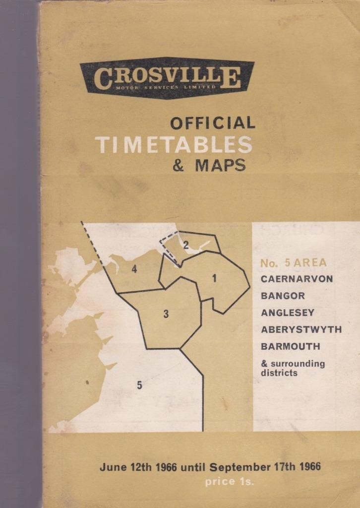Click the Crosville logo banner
[x=167, y=78]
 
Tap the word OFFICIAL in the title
[x=212, y=123]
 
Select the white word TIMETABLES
[x=174, y=144]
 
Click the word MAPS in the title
[x=220, y=165]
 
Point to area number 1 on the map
[x=214, y=279]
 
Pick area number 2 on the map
[x=185, y=245]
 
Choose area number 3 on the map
[x=166, y=314]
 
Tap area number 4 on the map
[x=134, y=269]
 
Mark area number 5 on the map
[x=139, y=385]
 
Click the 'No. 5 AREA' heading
[x=293, y=263]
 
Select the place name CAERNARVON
[x=297, y=279]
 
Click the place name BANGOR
[x=283, y=296]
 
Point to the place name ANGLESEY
[x=288, y=313]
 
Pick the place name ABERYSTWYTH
[x=301, y=329]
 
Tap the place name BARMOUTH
[x=290, y=346]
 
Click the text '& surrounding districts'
[x=293, y=368]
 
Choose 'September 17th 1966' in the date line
[x=265, y=467]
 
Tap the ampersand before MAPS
[x=179, y=165]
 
